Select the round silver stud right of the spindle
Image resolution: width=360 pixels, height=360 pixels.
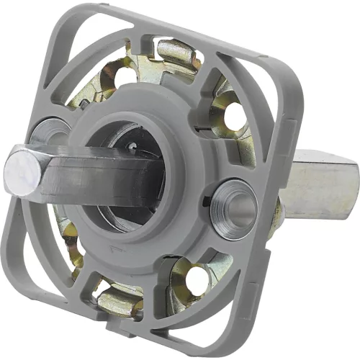tap(235, 210)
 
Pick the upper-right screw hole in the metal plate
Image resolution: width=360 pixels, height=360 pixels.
tap(235, 115)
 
